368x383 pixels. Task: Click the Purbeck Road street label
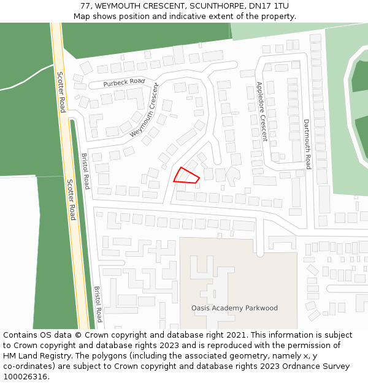[x=124, y=82]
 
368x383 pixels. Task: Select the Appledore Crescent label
[x=262, y=112]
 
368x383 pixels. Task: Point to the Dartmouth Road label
[x=307, y=144]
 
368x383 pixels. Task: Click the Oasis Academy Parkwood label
[x=234, y=308]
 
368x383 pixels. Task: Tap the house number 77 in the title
[x=85, y=6]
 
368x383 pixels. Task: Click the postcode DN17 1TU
[x=269, y=6]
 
